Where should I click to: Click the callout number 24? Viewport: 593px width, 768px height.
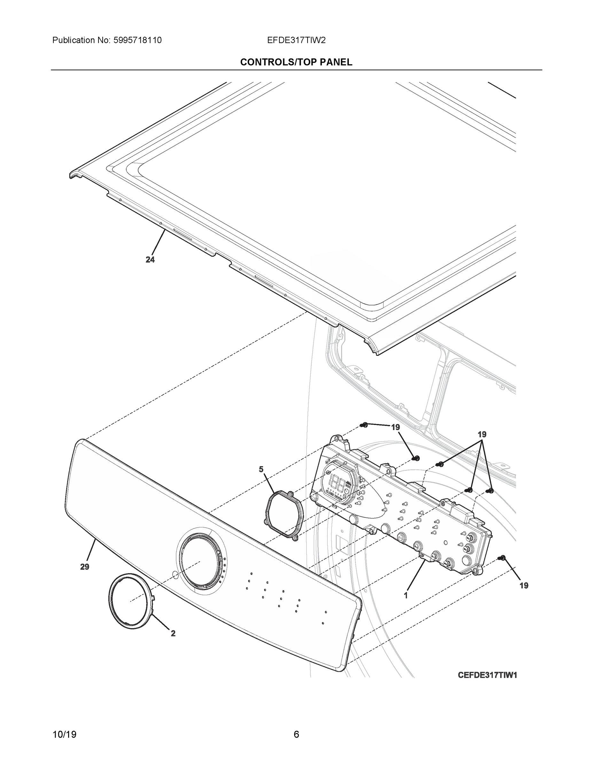(x=150, y=260)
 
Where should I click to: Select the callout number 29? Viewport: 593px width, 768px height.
(x=85, y=566)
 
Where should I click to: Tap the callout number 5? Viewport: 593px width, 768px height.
(x=261, y=469)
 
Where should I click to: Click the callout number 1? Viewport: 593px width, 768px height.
(x=406, y=595)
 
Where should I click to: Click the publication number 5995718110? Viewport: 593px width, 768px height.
(x=138, y=40)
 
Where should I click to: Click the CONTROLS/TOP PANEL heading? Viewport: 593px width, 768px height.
(x=296, y=62)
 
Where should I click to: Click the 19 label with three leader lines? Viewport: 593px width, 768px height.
(x=482, y=434)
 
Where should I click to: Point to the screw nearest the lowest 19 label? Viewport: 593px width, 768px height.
(x=502, y=558)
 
